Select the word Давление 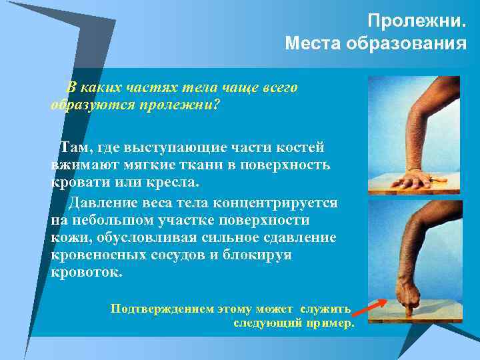[103, 202]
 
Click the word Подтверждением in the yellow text [163, 309]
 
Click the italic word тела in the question [191, 87]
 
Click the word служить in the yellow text [325, 309]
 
